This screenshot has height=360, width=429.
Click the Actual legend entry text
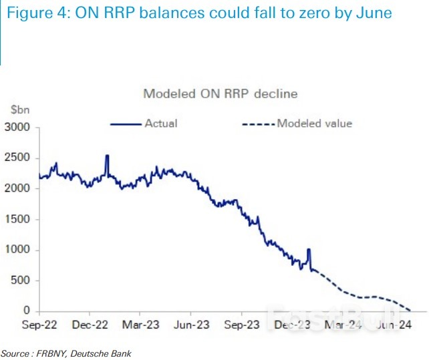pyautogui.click(x=160, y=123)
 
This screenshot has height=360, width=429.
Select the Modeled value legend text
pyautogui.click(x=314, y=123)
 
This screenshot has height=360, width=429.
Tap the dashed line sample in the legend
pyautogui.click(x=257, y=124)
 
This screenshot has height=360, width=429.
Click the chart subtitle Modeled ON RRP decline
pyautogui.click(x=221, y=94)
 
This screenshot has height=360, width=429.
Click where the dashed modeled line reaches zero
pyautogui.click(x=409, y=311)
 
